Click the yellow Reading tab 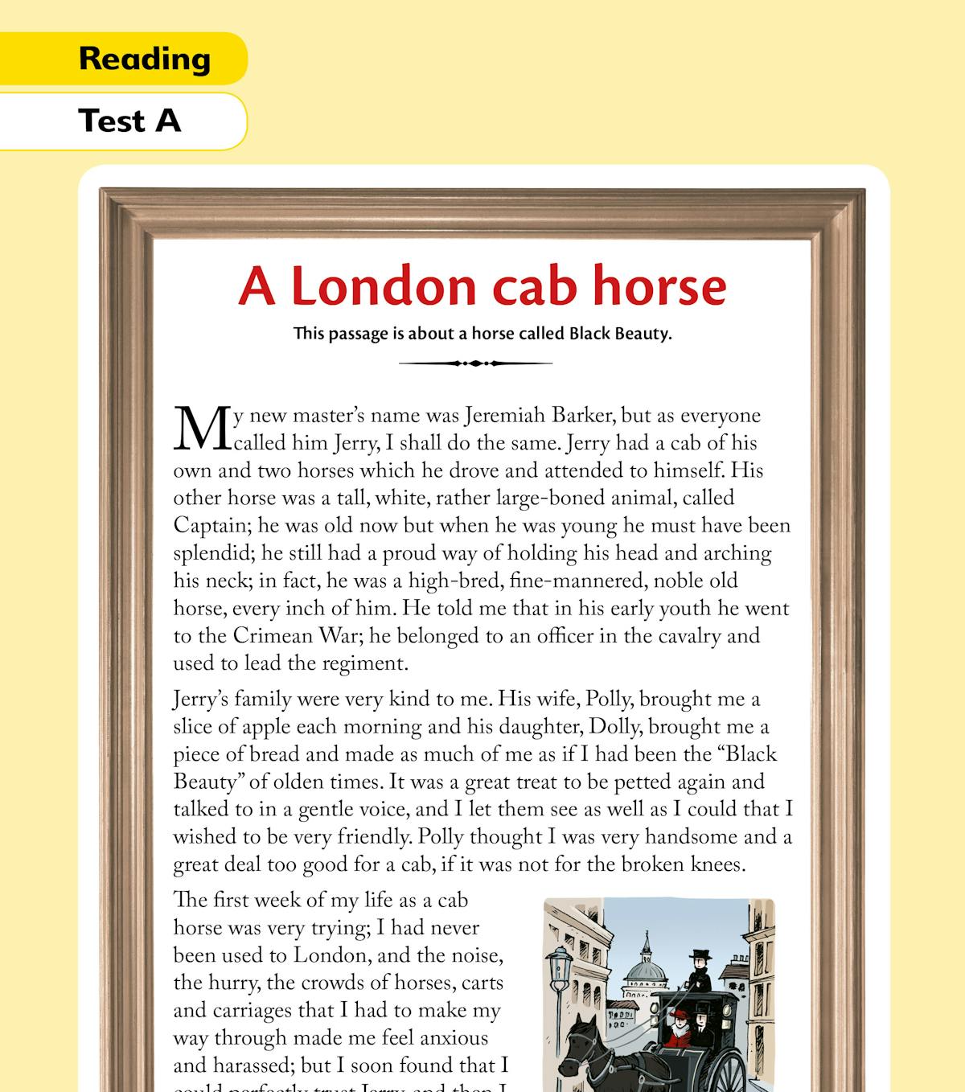click(145, 59)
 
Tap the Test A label click(129, 121)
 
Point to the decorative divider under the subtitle click(475, 363)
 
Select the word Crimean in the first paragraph click(273, 636)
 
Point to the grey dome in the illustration click(647, 971)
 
